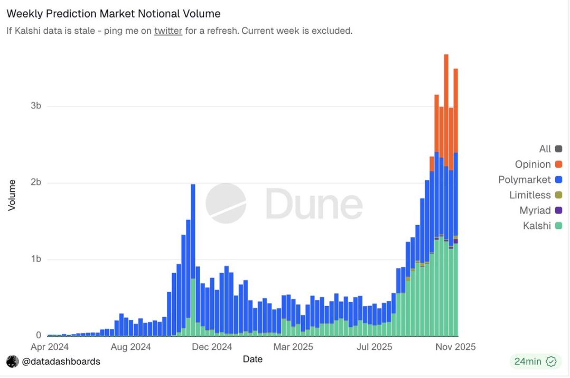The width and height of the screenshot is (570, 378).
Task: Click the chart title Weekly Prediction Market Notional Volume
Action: tap(114, 14)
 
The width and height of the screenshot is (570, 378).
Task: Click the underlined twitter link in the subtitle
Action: tap(168, 31)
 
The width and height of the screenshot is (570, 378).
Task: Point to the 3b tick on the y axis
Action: tap(36, 106)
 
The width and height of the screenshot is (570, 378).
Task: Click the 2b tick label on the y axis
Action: tap(36, 182)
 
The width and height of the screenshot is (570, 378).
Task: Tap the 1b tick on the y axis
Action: tap(36, 259)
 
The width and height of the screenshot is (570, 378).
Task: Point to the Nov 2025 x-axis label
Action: tap(454, 347)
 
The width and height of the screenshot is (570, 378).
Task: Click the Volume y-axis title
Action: tap(12, 195)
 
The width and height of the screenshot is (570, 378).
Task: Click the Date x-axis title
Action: tap(253, 359)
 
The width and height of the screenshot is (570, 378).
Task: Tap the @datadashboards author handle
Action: tap(60, 362)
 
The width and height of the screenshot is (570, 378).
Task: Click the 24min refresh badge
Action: tap(534, 362)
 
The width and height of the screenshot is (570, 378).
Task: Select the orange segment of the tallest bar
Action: tap(446, 106)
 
